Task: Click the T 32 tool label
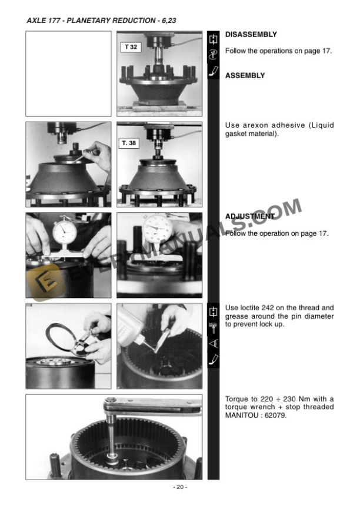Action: [x=131, y=47]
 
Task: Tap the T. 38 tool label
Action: [x=129, y=143]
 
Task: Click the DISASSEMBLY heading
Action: [x=251, y=35]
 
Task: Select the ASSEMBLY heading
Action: [x=245, y=76]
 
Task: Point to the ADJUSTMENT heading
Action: [x=250, y=216]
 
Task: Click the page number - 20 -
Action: [x=180, y=487]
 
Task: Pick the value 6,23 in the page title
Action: [x=169, y=21]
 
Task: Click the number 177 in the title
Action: [x=54, y=21]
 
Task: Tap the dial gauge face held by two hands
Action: [x=65, y=232]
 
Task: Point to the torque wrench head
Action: [x=111, y=403]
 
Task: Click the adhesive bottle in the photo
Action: [x=130, y=324]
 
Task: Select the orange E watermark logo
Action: [x=45, y=282]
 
